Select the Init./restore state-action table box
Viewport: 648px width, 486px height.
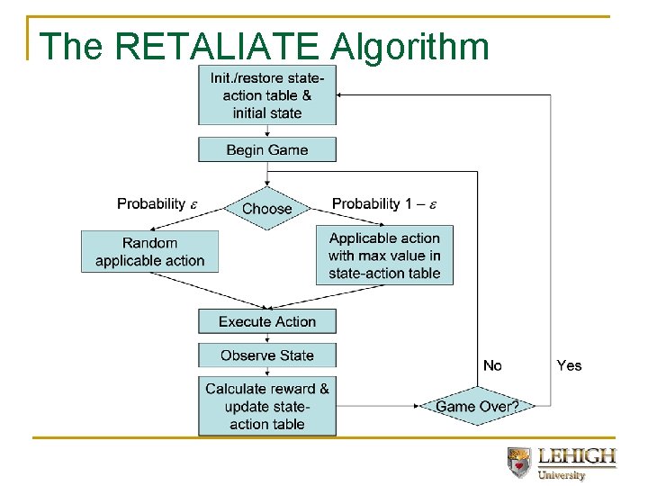(x=267, y=95)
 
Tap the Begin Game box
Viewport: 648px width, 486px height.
(x=267, y=149)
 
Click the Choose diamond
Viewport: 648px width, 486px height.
(x=267, y=209)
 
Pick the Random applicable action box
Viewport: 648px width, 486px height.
(x=149, y=252)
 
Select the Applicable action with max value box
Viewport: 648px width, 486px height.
(x=384, y=256)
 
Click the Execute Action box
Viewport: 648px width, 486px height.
(x=267, y=321)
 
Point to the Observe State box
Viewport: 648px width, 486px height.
(x=267, y=355)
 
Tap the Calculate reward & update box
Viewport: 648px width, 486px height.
(x=267, y=406)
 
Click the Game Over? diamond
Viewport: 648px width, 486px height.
(x=477, y=407)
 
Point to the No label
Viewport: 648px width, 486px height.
(x=492, y=365)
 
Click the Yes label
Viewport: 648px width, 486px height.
(x=569, y=365)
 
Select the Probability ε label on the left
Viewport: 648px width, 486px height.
(x=156, y=203)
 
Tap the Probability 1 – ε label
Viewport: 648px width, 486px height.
(x=384, y=203)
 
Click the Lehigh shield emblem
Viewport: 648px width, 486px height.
(x=518, y=461)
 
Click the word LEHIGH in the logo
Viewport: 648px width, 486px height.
(x=576, y=456)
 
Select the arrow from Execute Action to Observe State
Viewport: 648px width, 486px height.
(x=267, y=338)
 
